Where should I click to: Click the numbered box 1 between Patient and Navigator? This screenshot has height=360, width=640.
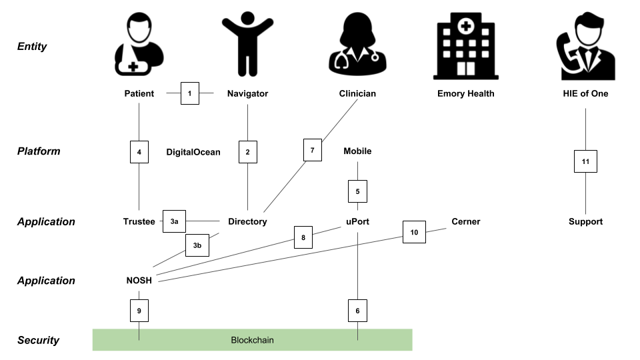[x=190, y=93]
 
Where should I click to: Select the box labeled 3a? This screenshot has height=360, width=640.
[x=174, y=221]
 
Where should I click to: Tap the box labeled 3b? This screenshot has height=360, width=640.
[x=197, y=245]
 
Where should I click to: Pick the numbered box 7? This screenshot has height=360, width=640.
[x=313, y=150]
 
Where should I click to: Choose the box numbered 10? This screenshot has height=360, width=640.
[x=414, y=232]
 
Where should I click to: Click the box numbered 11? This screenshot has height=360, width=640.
[x=585, y=161]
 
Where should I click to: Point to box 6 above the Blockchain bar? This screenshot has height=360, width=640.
[x=357, y=311]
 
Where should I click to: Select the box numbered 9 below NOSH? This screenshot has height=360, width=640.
[x=139, y=311]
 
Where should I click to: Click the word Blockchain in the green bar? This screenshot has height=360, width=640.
[x=252, y=340]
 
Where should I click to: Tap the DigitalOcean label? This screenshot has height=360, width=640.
[x=193, y=152]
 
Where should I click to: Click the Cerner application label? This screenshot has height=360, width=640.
[x=466, y=221]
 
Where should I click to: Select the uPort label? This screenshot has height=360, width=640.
[x=357, y=221]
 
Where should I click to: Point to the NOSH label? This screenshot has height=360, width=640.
[x=139, y=281]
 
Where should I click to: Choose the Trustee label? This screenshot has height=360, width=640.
[x=139, y=221]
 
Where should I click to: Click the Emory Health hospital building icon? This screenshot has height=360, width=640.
[x=466, y=46]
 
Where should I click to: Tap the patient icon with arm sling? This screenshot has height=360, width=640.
[x=139, y=44]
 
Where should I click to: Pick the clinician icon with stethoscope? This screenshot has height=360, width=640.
[x=357, y=44]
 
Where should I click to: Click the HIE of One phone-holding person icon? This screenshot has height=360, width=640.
[x=586, y=46]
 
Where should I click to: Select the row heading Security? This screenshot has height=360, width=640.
[x=39, y=340]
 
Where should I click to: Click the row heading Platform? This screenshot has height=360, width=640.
[x=39, y=151]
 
